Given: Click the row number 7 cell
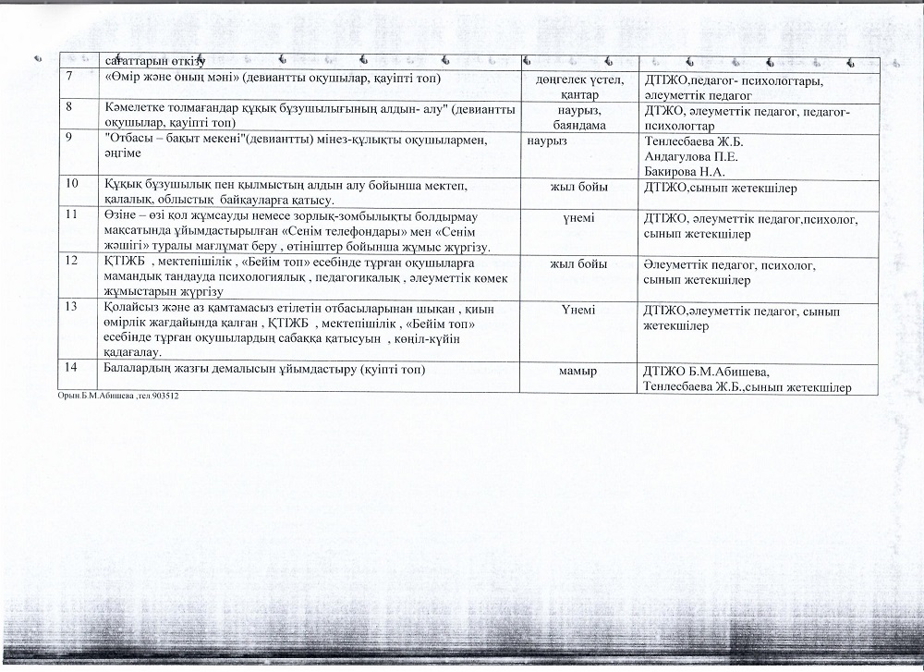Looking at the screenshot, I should (69, 79).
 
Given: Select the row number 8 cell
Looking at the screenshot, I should (69, 108).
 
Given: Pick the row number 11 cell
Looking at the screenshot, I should (71, 216).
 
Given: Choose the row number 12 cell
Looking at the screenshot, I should (71, 263).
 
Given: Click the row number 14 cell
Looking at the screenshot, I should (71, 371).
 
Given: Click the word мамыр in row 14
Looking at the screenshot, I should (579, 371).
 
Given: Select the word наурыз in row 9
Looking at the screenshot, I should (547, 141).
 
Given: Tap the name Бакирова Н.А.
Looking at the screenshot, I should (683, 171).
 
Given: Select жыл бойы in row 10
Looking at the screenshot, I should (579, 188).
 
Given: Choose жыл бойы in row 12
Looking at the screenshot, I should (579, 263).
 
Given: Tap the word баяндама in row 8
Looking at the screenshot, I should (579, 123).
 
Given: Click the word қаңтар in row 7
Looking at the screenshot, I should (579, 94).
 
